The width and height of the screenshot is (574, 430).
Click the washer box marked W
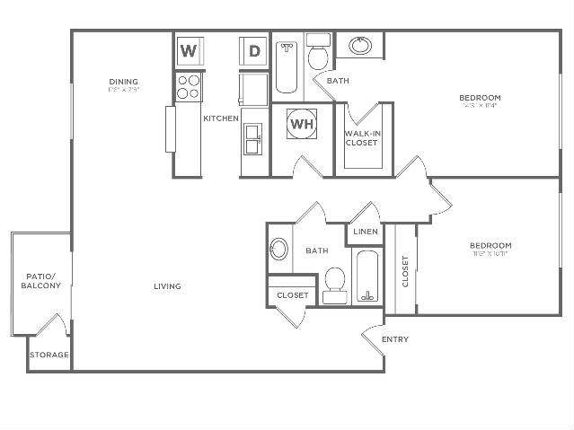188,50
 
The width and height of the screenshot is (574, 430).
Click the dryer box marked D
254,50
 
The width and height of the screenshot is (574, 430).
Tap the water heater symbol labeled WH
302,125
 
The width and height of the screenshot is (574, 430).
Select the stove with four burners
188,87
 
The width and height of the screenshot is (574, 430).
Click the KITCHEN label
221,118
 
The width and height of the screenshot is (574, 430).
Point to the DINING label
124,82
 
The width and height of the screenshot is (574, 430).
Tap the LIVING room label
167,286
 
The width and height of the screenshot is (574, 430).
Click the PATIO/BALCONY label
41,280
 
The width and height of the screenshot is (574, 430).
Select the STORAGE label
49,355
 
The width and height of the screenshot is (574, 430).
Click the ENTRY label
395,339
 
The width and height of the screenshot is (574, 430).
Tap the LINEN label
366,232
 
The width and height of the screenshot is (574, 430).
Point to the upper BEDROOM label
480,97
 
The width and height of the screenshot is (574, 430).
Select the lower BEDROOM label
490,245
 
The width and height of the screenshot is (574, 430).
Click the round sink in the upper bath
360,46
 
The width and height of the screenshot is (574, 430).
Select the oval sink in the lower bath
278,250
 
